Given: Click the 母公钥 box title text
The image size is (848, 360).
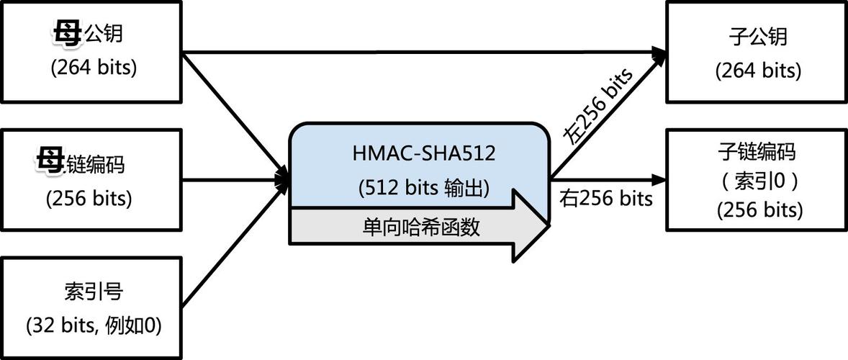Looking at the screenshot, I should click(91, 34).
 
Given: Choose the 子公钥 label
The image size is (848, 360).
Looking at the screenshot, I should click(758, 36).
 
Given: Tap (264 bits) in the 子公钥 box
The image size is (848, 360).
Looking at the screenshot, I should click(758, 71).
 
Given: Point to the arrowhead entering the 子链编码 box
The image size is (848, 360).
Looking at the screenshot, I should click(657, 178).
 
